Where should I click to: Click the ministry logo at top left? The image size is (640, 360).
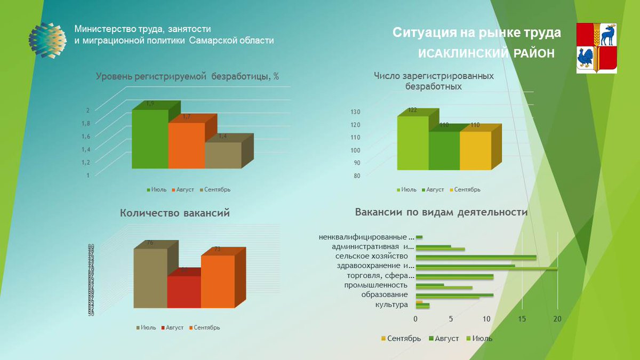(x=47, y=40)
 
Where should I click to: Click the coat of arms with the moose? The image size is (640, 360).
(x=597, y=47)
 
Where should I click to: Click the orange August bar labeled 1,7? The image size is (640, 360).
(x=186, y=145)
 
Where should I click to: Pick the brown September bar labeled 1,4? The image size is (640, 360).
(x=223, y=155)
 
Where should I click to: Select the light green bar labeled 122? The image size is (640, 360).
(x=413, y=142)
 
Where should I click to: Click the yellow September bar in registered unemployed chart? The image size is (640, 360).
(x=475, y=150)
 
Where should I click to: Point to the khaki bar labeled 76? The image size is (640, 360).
(x=150, y=278)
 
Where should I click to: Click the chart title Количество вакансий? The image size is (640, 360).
(x=175, y=213)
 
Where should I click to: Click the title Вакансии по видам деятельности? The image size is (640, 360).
(x=441, y=212)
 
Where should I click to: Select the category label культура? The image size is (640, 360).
(x=391, y=304)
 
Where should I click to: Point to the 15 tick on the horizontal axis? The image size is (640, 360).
(x=522, y=319)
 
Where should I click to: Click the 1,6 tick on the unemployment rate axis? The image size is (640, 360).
(x=85, y=136)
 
